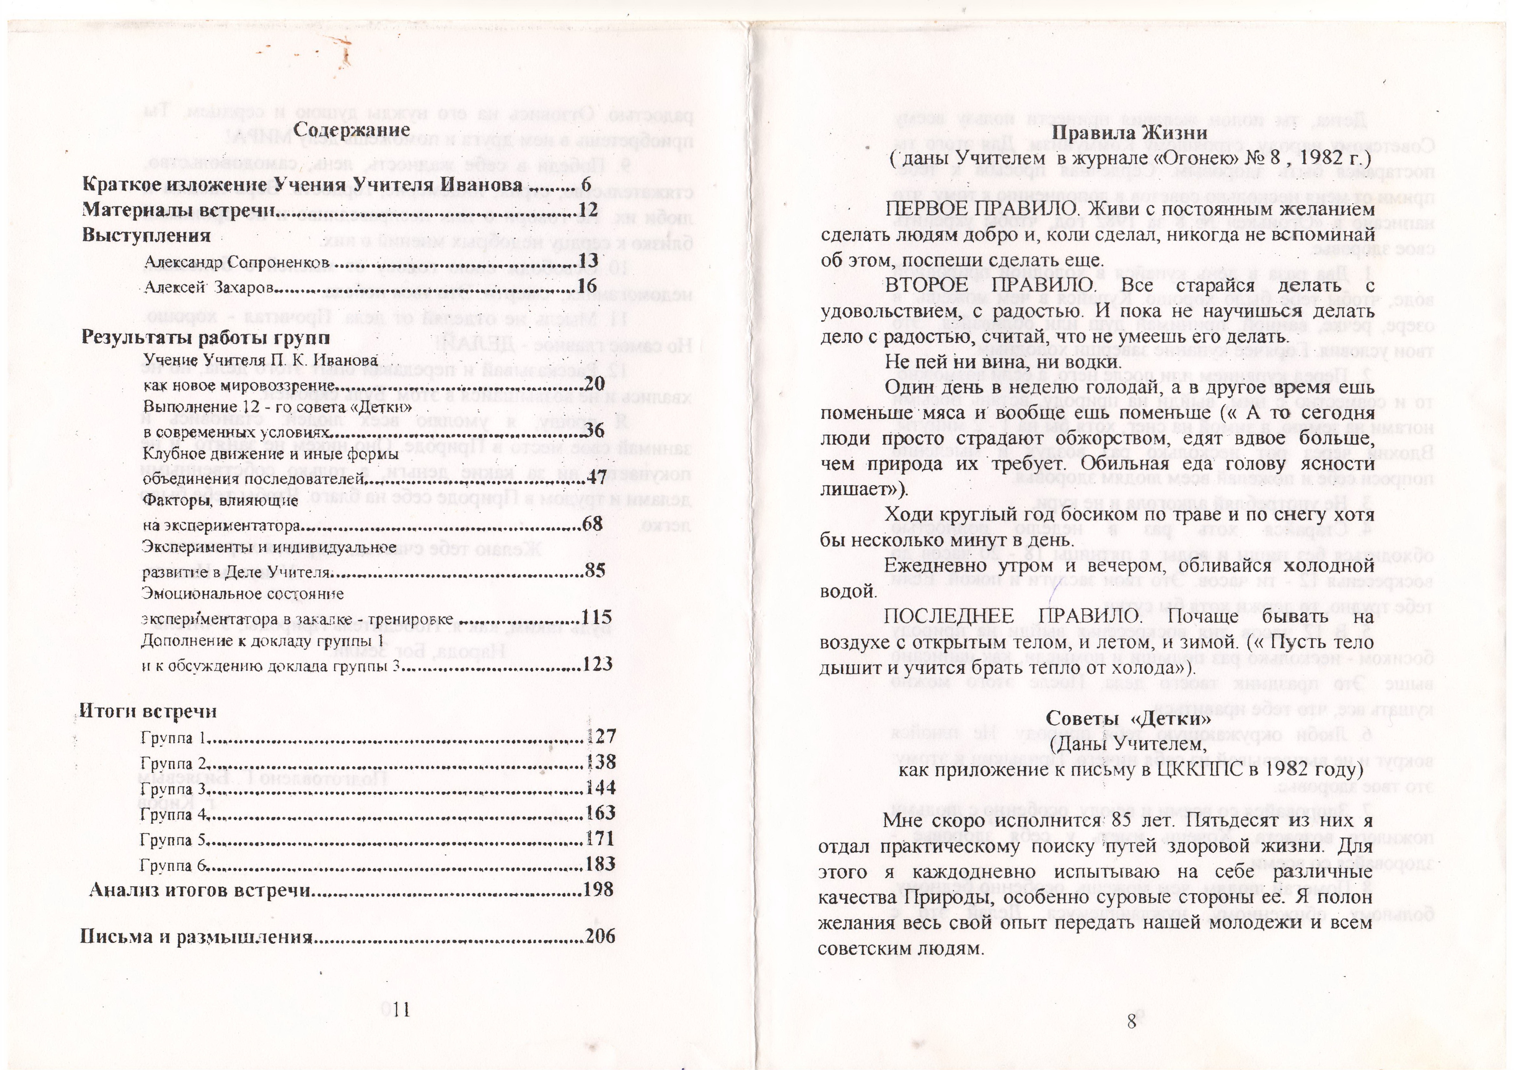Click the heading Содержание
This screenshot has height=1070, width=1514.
click(x=352, y=130)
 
